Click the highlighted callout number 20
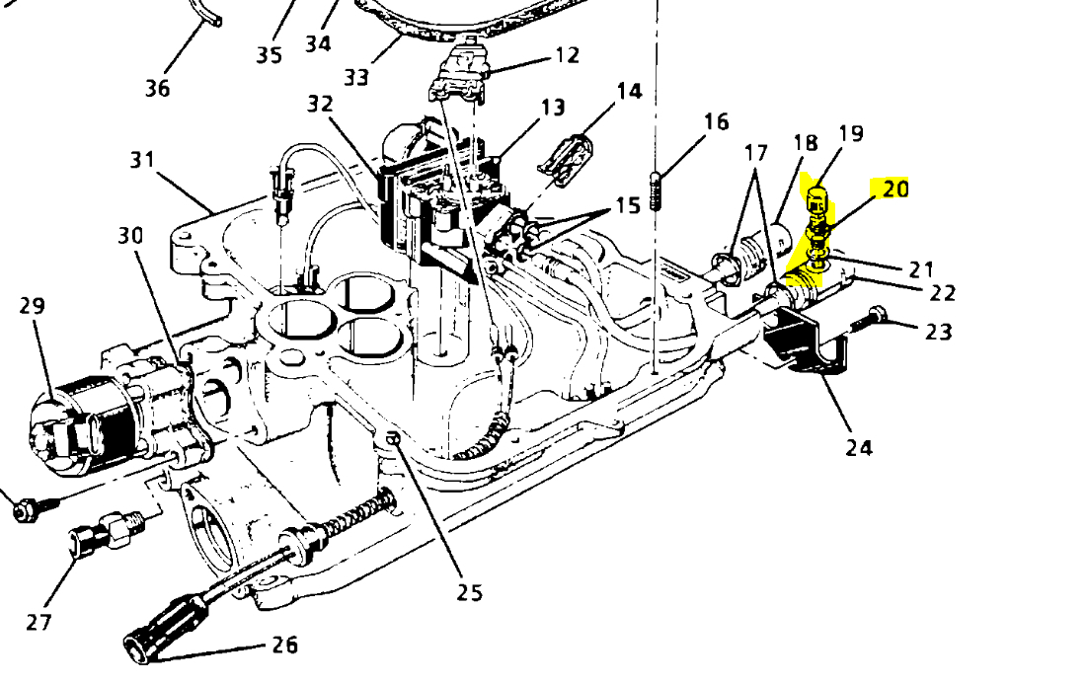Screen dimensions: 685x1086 pos(894,189)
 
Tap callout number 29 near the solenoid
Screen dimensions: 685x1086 pos(33,306)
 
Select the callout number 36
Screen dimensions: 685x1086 pos(158,89)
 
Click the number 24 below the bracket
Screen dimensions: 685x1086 pos(859,447)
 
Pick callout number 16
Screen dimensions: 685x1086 pos(717,121)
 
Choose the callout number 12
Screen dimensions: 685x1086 pos(567,55)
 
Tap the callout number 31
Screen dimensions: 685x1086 pos(144,158)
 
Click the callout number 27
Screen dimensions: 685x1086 pos(39,622)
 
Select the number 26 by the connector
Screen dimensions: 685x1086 pos(284,646)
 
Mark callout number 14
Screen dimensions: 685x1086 pos(629,92)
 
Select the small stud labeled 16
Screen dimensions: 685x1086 pos(655,190)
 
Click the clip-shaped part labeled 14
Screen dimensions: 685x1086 pos(568,158)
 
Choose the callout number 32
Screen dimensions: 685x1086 pos(320,104)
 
